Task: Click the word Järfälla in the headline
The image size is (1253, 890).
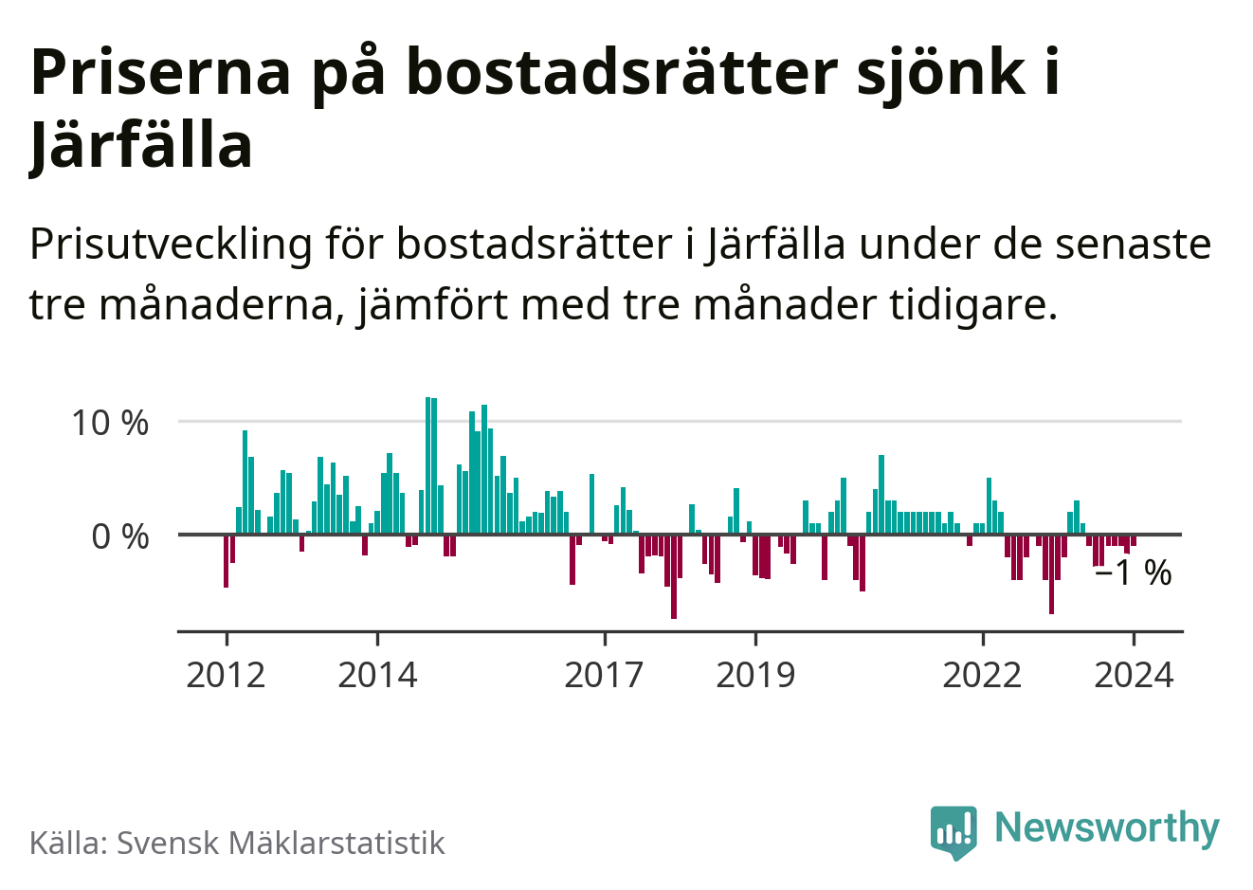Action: tap(141, 146)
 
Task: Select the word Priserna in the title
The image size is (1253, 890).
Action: tap(160, 72)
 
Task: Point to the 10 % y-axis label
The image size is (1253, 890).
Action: tap(110, 423)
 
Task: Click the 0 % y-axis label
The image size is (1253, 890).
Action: tap(120, 537)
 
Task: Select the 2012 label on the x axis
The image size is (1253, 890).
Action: tap(226, 675)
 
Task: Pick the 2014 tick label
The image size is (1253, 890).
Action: tap(377, 675)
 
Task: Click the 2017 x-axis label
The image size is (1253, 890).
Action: tap(604, 675)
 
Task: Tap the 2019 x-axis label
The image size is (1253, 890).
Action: tap(755, 675)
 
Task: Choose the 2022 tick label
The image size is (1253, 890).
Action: tap(983, 675)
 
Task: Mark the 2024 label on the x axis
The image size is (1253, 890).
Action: tap(1134, 675)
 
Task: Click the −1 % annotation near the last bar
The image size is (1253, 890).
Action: tap(1133, 572)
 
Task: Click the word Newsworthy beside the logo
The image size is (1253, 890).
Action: tap(1106, 827)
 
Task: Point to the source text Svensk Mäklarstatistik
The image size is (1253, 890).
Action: tap(281, 843)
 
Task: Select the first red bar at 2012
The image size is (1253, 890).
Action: tap(226, 561)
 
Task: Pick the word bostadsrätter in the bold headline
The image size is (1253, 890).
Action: tap(623, 72)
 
